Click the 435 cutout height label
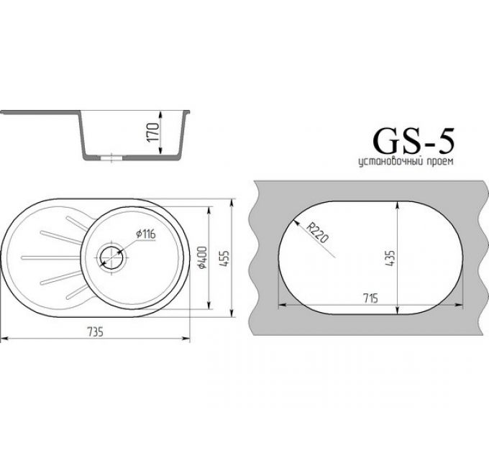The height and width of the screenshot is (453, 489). (391, 259)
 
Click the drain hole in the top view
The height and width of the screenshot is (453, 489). (112, 255)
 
